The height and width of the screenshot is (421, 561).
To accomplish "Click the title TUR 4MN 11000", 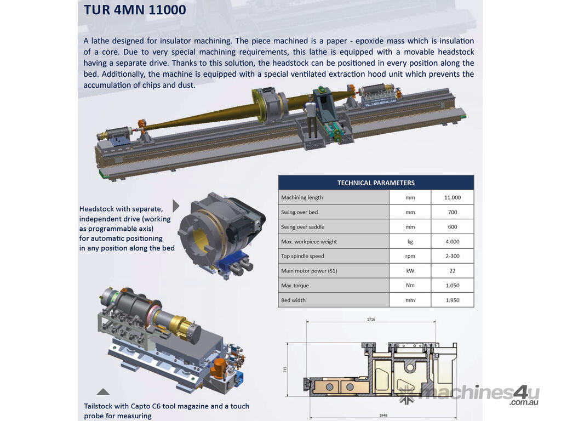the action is pyautogui.click(x=135, y=10).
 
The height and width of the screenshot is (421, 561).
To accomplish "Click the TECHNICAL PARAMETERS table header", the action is pyautogui.click(x=376, y=183).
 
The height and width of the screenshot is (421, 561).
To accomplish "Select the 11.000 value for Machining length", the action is pyautogui.click(x=453, y=197).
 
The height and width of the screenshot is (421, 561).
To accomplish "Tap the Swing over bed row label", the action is pyautogui.click(x=300, y=212).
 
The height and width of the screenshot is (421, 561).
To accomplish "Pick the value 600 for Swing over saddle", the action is pyautogui.click(x=453, y=226).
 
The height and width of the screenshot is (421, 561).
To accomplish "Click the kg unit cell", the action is pyautogui.click(x=410, y=242).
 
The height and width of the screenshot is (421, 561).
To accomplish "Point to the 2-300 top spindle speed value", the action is pyautogui.click(x=453, y=256).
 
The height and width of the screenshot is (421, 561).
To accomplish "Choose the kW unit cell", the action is pyautogui.click(x=410, y=271).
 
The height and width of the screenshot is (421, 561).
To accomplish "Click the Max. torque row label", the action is pyautogui.click(x=295, y=285).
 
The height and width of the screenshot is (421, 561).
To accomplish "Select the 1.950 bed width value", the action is pyautogui.click(x=453, y=300).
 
